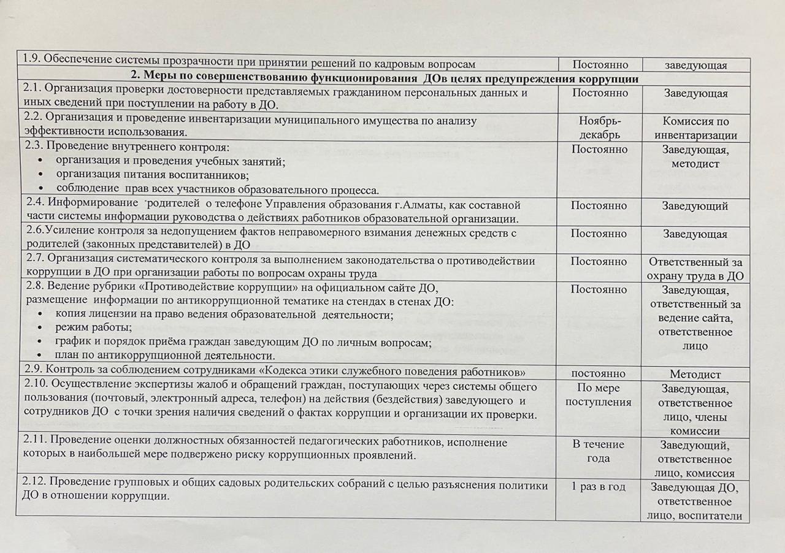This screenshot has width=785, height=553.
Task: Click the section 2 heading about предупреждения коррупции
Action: (x=385, y=79)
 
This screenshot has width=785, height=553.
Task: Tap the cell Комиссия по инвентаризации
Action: (x=695, y=128)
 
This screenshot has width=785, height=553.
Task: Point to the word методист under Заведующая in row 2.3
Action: (x=695, y=164)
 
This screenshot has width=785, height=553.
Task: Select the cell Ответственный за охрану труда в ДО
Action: (x=695, y=269)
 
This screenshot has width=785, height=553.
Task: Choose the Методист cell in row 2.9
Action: (x=695, y=374)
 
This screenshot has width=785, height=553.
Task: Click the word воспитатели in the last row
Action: (x=711, y=516)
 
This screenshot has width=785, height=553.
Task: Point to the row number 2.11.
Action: (x=36, y=441)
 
